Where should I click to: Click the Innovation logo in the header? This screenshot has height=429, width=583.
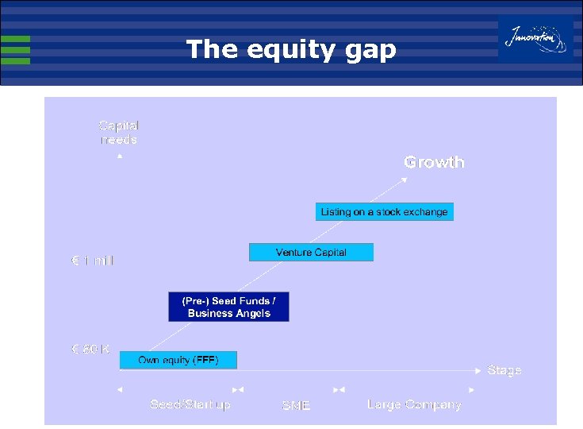[x=536, y=38]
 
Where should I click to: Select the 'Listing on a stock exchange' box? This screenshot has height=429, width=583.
[x=385, y=212]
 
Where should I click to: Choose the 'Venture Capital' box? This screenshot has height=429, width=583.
[x=311, y=253]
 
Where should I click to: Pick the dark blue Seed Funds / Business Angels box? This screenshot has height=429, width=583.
[x=228, y=307]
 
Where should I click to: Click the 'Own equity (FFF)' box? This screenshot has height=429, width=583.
[x=178, y=361]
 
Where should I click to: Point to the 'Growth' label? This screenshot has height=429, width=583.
[x=434, y=162]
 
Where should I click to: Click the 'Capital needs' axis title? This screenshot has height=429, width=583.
[x=119, y=133]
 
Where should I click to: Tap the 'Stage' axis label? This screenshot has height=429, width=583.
[x=504, y=370]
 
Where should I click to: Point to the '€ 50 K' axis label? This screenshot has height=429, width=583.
[x=90, y=349]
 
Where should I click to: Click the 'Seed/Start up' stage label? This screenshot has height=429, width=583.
[x=190, y=405]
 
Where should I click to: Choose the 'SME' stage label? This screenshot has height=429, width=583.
[x=296, y=406]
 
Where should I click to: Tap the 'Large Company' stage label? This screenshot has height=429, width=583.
[x=414, y=405]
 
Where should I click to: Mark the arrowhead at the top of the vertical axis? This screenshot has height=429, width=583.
[x=120, y=157]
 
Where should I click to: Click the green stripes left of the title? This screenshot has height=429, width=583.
[x=15, y=50]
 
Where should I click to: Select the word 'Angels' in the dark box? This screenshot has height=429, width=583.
[x=251, y=314]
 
